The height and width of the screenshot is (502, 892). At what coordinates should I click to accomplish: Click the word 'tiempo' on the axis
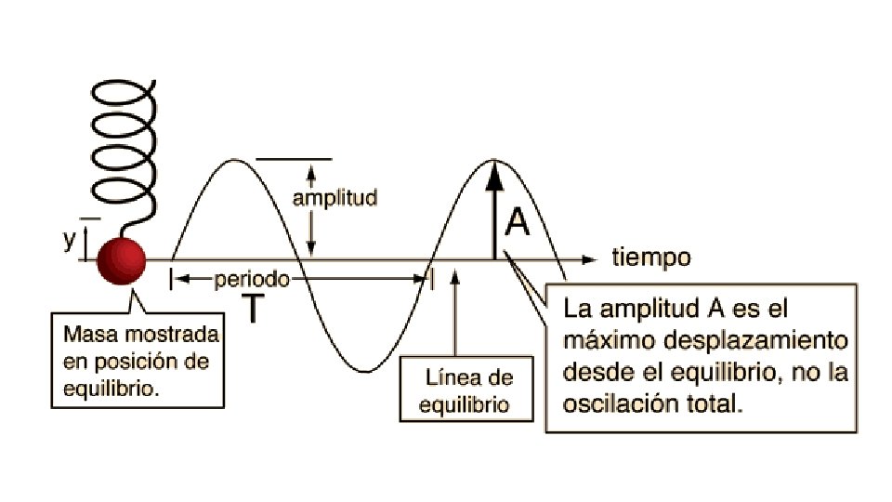tap(650, 258)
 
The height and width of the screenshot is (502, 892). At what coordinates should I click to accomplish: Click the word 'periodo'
tap(252, 279)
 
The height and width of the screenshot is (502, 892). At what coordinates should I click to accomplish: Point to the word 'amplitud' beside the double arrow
tap(334, 198)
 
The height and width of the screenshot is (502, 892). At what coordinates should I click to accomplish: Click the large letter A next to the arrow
tap(517, 222)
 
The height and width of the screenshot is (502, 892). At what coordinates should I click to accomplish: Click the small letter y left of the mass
tap(68, 240)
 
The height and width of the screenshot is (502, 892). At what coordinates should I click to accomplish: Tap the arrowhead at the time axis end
tap(587, 258)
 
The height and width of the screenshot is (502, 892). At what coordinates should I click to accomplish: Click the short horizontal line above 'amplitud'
tap(294, 159)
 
